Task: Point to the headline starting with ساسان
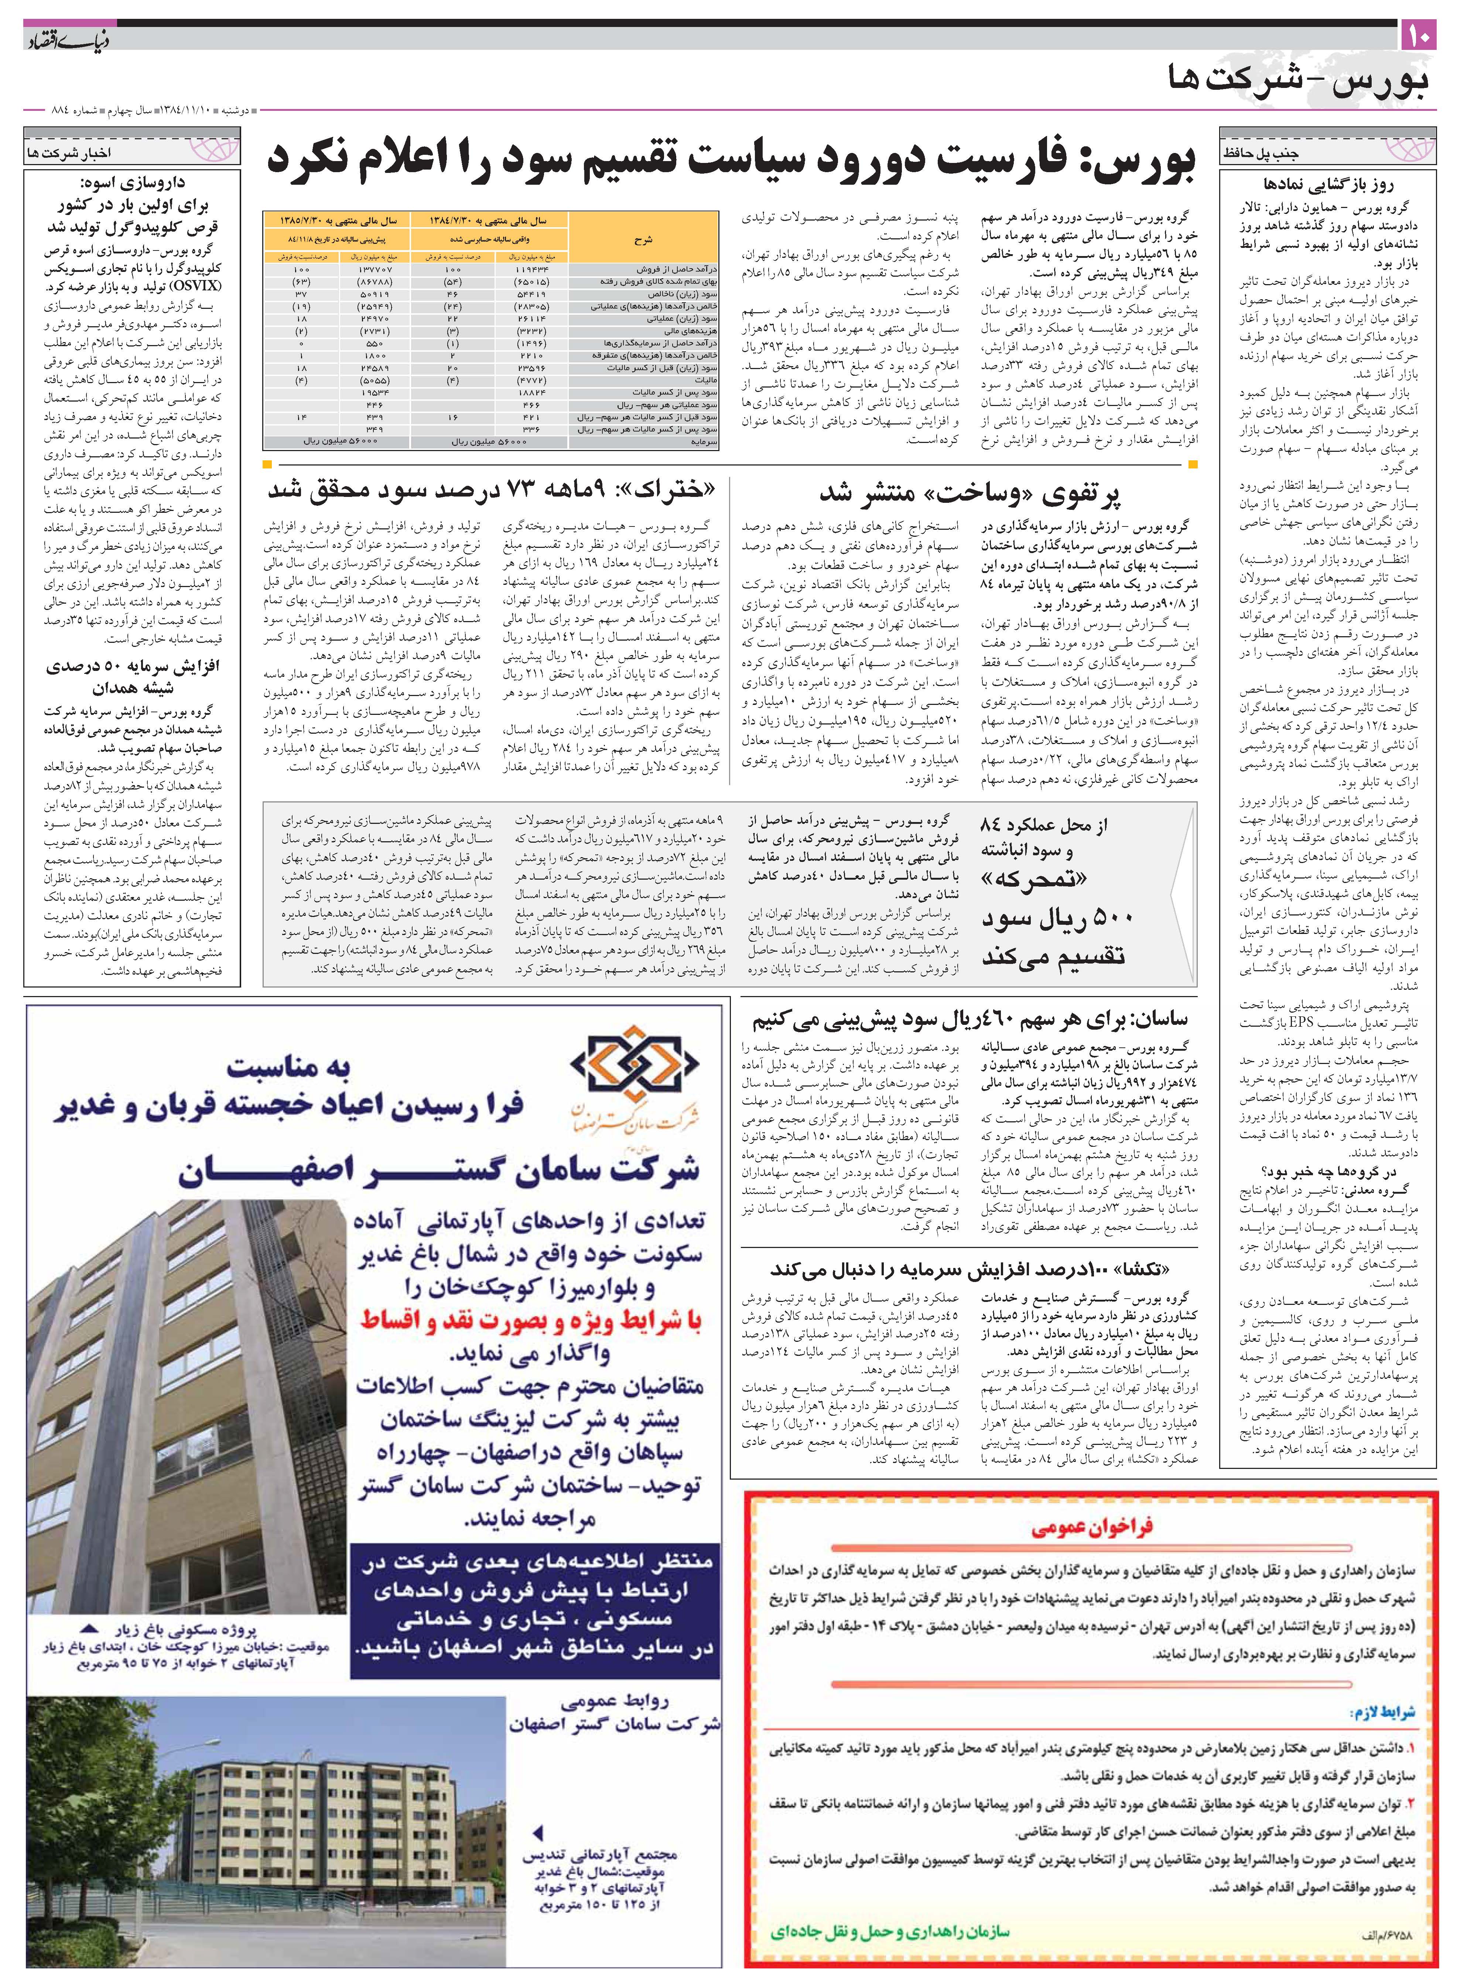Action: [x=970, y=1022]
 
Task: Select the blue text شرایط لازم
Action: [x=1381, y=1712]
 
